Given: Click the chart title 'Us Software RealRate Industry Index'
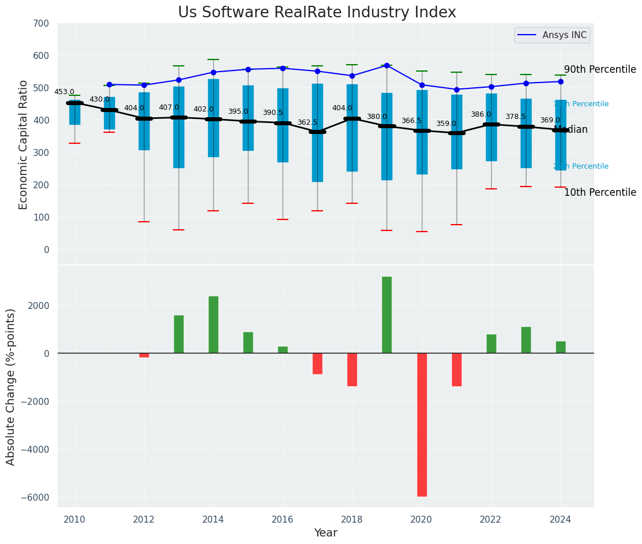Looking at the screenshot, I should [317, 13].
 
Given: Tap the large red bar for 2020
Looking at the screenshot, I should [422, 424].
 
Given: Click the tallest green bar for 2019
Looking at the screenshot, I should [387, 315].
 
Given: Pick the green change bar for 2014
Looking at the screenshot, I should [213, 325].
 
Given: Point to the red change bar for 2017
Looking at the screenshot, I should [317, 364].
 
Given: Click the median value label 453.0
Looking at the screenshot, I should [64, 92].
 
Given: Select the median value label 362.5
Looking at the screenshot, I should [307, 122].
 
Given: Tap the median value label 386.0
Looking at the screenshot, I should [481, 114].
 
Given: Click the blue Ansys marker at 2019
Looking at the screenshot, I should [387, 66].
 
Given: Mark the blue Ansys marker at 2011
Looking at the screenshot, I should [109, 84].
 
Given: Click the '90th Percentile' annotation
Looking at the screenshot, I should [600, 69].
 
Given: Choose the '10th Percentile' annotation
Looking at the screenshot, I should [600, 192].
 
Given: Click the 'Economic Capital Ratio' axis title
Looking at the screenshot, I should [24, 145].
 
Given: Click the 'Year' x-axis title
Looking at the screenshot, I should [325, 533].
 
